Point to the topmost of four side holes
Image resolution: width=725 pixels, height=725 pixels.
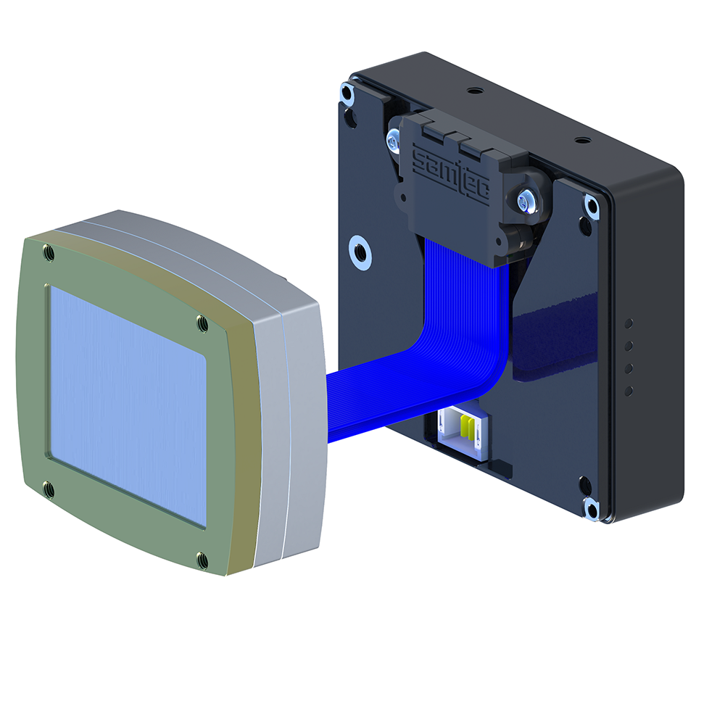(629, 323)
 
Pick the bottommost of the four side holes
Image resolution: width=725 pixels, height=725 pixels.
(628, 391)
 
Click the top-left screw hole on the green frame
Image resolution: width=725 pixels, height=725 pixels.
(49, 252)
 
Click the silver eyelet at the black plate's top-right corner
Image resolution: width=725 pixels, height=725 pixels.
(592, 207)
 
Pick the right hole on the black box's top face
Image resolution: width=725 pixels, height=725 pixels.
(578, 139)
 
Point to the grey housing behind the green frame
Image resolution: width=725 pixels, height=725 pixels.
(290, 406)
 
